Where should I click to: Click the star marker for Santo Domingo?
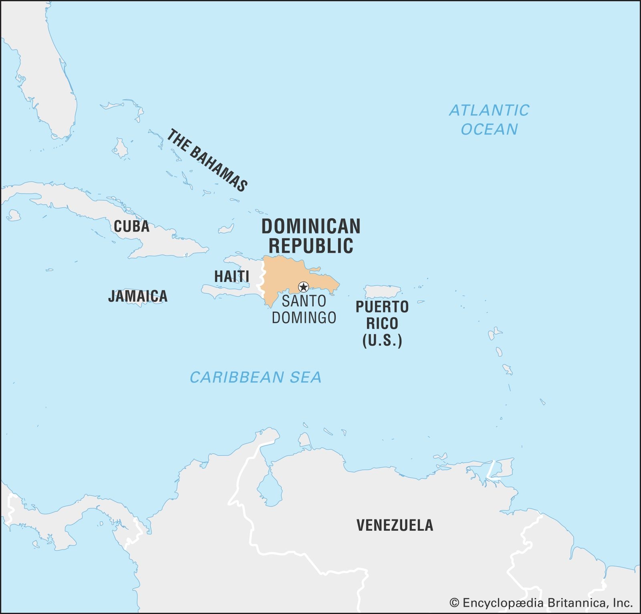pyautogui.click(x=304, y=287)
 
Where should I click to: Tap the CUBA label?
pyautogui.click(x=131, y=227)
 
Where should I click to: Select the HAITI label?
pyautogui.click(x=232, y=276)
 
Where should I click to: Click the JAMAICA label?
pyautogui.click(x=138, y=296)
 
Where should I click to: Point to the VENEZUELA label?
pyautogui.click(x=395, y=525)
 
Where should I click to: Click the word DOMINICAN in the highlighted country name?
pyautogui.click(x=311, y=227)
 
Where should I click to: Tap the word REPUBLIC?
pyautogui.click(x=311, y=246)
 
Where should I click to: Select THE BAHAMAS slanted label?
pyautogui.click(x=207, y=160)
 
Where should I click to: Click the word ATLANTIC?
pyautogui.click(x=489, y=111)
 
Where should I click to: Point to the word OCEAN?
pyautogui.click(x=489, y=129)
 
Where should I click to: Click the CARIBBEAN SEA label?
pyautogui.click(x=256, y=377)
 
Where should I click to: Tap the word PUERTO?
pyautogui.click(x=382, y=307)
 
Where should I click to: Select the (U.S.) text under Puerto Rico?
pyautogui.click(x=382, y=340)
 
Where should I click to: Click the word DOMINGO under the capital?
pyautogui.click(x=304, y=318)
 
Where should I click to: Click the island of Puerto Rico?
pyautogui.click(x=382, y=292)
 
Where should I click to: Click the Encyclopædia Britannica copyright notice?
pyautogui.click(x=541, y=603)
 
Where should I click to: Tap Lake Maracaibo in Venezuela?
pyautogui.click(x=270, y=487)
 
